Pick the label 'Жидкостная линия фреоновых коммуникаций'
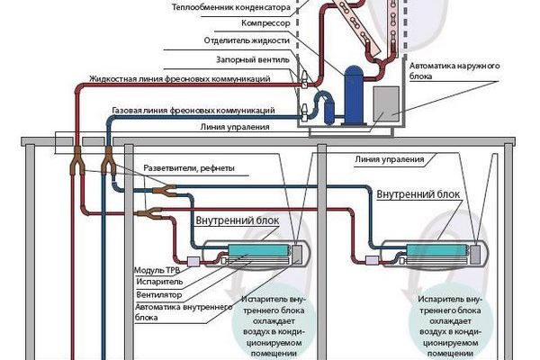point(180,79)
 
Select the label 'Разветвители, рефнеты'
point(188,169)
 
